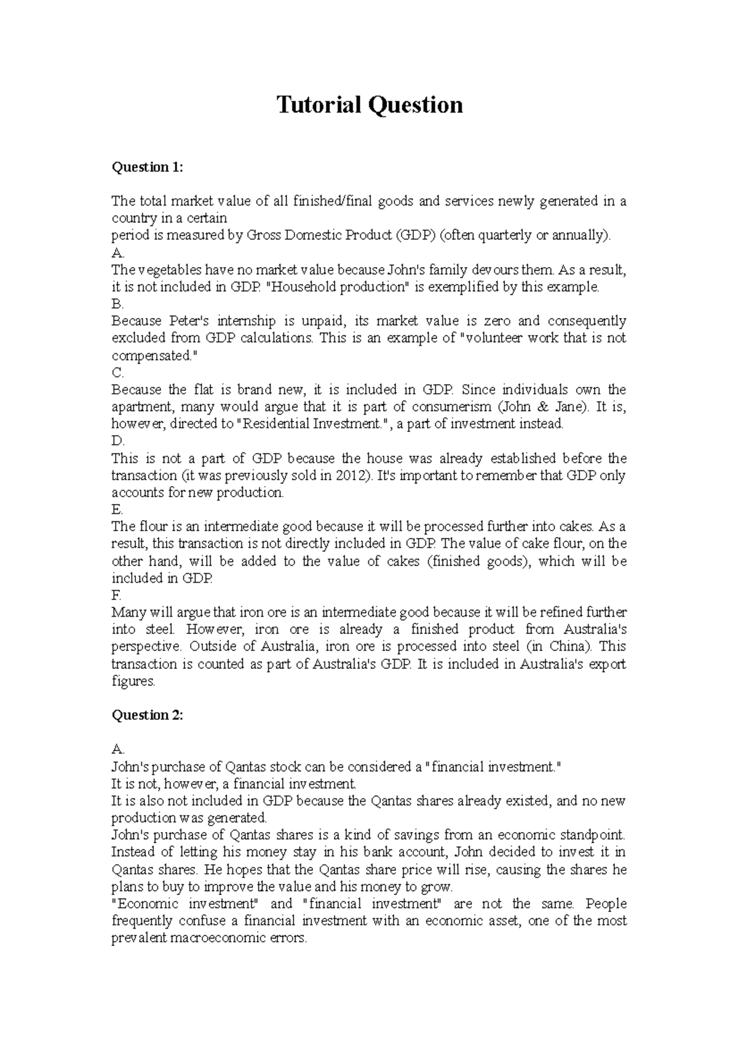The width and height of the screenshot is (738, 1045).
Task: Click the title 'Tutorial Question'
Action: click(x=369, y=105)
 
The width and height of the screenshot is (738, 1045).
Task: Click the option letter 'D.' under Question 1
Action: click(x=117, y=441)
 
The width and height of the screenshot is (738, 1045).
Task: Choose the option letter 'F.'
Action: click(x=117, y=595)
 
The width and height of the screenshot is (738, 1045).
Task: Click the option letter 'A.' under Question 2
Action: click(x=117, y=750)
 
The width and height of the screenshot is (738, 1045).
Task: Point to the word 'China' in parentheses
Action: click(x=570, y=647)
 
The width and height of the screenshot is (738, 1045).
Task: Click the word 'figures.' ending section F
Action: click(x=133, y=681)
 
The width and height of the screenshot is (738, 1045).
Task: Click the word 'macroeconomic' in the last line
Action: click(x=216, y=939)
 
